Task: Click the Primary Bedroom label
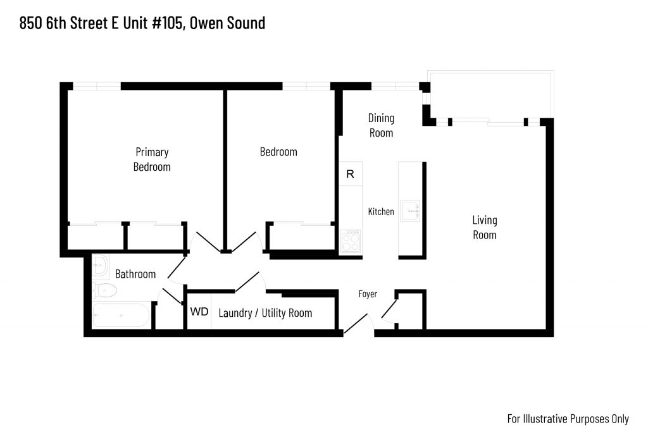pyautogui.click(x=152, y=159)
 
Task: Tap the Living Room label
pyautogui.click(x=484, y=228)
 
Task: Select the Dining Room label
pyautogui.click(x=381, y=126)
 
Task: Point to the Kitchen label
pyautogui.click(x=381, y=211)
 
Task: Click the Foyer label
pyautogui.click(x=368, y=294)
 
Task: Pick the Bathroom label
pyautogui.click(x=135, y=275)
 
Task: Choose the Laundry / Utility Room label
pyautogui.click(x=265, y=313)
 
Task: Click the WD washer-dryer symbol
pyautogui.click(x=199, y=311)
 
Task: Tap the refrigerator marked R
pyautogui.click(x=351, y=174)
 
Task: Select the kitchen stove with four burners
pyautogui.click(x=351, y=241)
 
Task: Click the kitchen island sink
pyautogui.click(x=410, y=211)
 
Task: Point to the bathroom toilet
pyautogui.click(x=104, y=290)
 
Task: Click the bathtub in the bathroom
pyautogui.click(x=121, y=316)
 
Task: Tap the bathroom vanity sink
pyautogui.click(x=101, y=265)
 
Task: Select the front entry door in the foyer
pyautogui.click(x=356, y=323)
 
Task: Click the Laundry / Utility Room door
pyautogui.click(x=247, y=281)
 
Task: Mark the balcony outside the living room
pyautogui.click(x=491, y=95)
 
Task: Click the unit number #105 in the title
pyautogui.click(x=167, y=23)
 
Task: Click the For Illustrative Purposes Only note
pyautogui.click(x=568, y=419)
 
